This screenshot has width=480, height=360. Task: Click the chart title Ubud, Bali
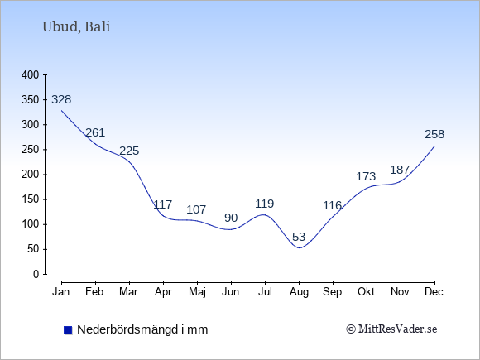pos(76,27)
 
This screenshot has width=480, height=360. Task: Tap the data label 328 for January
pos(61,99)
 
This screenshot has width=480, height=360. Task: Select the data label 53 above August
pos(299,237)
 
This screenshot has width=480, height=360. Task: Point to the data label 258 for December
pos(434,134)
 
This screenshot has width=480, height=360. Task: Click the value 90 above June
pos(231,218)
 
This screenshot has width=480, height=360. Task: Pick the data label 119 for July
pos(265,204)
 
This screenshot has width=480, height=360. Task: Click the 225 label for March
pos(129,151)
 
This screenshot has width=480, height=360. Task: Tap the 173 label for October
pos(366,176)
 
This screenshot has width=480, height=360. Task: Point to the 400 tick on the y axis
pos(31,75)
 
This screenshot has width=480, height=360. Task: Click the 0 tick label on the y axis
pos(36,274)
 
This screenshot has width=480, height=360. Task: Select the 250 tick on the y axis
pos(31,150)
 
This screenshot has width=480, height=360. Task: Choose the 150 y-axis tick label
pos(31,199)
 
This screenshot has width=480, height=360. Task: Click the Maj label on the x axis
pos(197,292)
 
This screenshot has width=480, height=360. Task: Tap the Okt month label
pos(366,292)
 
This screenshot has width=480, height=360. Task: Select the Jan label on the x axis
pos(61,292)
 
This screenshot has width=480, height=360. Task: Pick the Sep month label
pos(333,292)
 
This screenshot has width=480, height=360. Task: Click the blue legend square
pos(68,330)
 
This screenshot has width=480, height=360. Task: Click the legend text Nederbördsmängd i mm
pos(142,329)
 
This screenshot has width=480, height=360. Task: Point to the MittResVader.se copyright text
pos(391,329)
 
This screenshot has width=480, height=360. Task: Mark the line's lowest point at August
pos(299,248)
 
